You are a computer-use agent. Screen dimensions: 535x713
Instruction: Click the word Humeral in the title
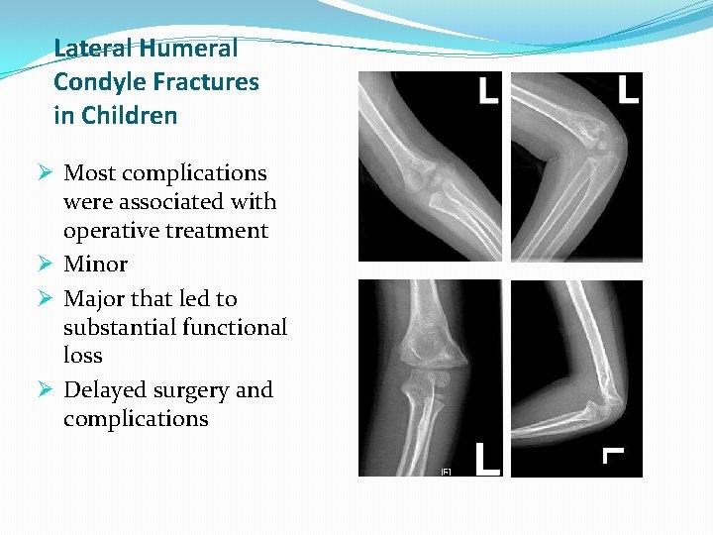(x=189, y=48)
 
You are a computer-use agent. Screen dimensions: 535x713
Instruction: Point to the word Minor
(x=95, y=265)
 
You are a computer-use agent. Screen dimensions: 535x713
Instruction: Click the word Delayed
(x=104, y=390)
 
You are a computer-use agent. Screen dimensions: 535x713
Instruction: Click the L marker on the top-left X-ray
(x=487, y=92)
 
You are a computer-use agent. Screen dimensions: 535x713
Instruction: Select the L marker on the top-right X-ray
(x=627, y=91)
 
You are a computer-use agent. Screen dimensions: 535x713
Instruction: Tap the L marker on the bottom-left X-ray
(x=487, y=459)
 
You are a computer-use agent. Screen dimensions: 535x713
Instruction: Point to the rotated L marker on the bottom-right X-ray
(x=614, y=454)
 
